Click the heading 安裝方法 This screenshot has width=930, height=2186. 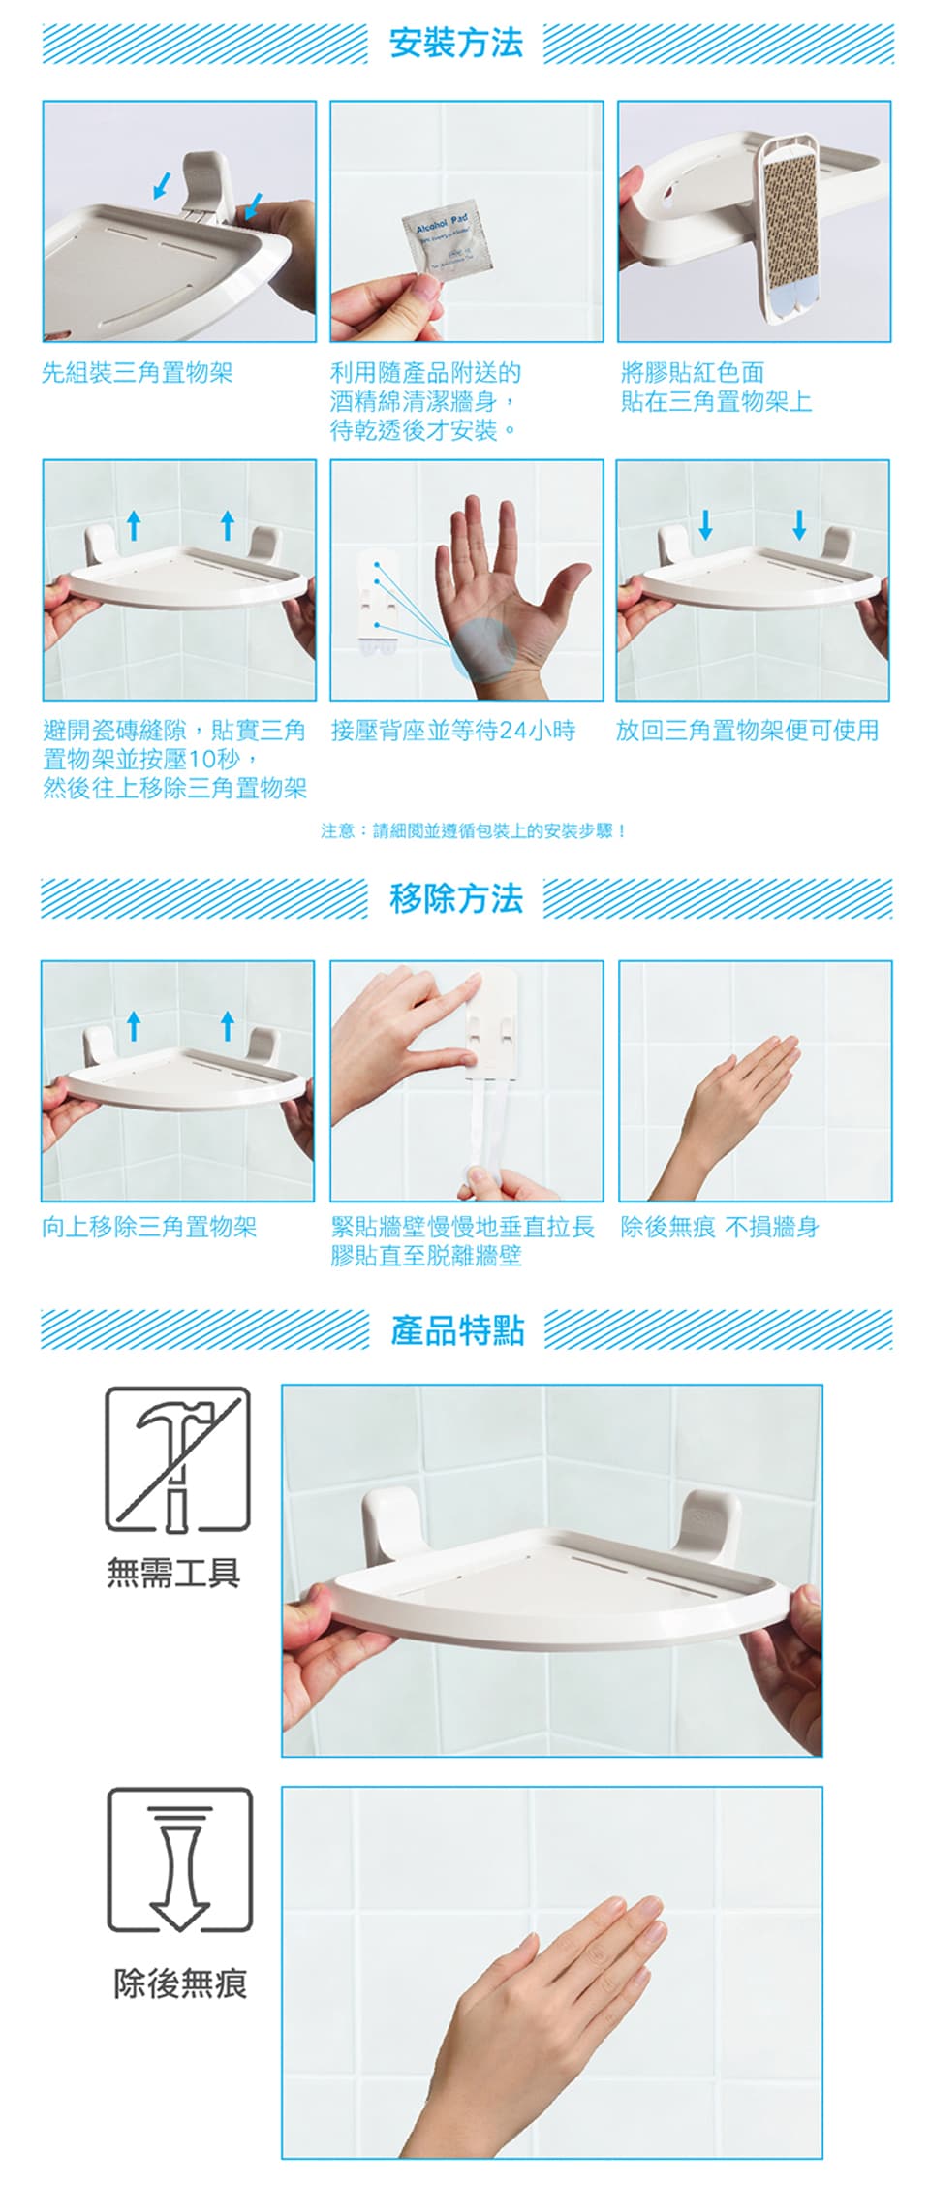pos(455,43)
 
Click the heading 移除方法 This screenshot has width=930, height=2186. pos(455,898)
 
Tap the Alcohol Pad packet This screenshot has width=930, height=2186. pos(448,243)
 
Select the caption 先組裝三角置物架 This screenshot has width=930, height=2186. pos(137,373)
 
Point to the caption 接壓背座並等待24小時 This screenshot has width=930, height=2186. pos(453,731)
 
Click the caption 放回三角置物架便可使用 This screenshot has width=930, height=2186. pos(748,731)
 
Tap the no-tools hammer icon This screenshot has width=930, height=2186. pos(177,1459)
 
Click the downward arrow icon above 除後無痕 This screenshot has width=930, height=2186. pos(179,1859)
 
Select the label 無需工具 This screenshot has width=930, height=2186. pos(173,1573)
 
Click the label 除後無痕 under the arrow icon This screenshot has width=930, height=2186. pos(180,1983)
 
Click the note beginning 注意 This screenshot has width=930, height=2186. pos(474,830)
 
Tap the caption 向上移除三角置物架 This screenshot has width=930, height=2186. pos(149,1227)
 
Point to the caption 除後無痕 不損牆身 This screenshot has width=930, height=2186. pos(720,1227)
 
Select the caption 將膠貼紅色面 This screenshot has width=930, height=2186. pos(693,373)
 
